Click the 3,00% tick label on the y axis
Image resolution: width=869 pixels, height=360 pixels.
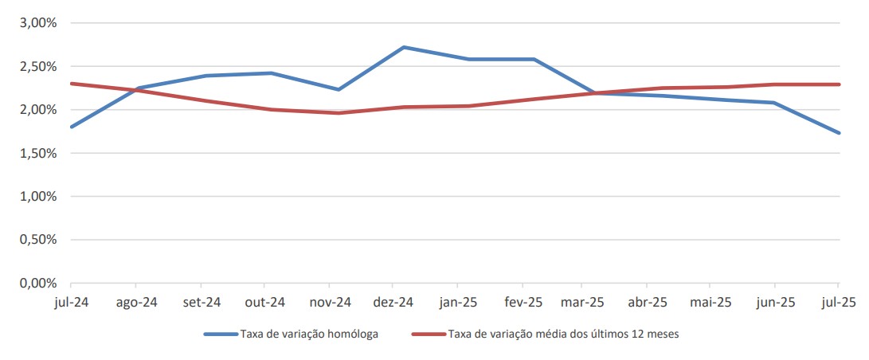[x=37, y=23]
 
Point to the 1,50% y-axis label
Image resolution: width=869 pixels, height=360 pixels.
[x=37, y=153]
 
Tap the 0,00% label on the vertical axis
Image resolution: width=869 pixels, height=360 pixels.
[x=37, y=283]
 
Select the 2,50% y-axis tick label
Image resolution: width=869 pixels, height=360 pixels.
[x=37, y=66]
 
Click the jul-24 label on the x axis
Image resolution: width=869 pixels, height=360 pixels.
[x=71, y=303]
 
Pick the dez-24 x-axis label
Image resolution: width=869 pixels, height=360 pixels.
[x=393, y=303]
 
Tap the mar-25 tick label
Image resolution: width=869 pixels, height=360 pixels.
[x=583, y=303]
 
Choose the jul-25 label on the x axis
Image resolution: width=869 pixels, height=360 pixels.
[x=838, y=303]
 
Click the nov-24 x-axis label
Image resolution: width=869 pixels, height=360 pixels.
[x=330, y=303]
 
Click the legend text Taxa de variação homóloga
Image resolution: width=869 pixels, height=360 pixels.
[x=308, y=334]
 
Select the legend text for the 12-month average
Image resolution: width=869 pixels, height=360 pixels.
[x=563, y=334]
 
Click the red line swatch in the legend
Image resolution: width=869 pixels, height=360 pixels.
[x=428, y=334]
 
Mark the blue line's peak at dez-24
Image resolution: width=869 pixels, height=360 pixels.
[x=404, y=47]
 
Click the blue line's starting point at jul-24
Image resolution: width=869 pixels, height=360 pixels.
[x=71, y=127]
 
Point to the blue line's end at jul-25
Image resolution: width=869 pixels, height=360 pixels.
[x=839, y=133]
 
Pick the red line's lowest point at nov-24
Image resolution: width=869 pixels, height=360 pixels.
[x=339, y=113]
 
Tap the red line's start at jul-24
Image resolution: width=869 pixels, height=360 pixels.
[x=71, y=84]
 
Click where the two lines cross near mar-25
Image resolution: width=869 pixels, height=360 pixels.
[x=591, y=93]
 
